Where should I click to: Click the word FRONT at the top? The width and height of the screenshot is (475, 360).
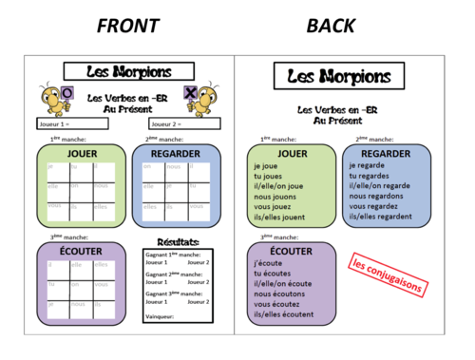point(127,25)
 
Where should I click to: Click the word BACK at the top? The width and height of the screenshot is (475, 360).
point(332,25)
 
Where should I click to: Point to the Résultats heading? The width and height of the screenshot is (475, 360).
point(179,244)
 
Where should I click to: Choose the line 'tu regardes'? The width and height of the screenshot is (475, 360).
point(371,176)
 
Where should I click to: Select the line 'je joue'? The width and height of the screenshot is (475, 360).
point(267,165)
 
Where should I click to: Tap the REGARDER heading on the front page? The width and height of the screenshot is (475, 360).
point(180,153)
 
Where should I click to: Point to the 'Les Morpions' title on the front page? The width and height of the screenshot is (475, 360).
point(129,71)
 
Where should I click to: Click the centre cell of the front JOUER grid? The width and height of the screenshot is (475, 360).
point(81,187)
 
